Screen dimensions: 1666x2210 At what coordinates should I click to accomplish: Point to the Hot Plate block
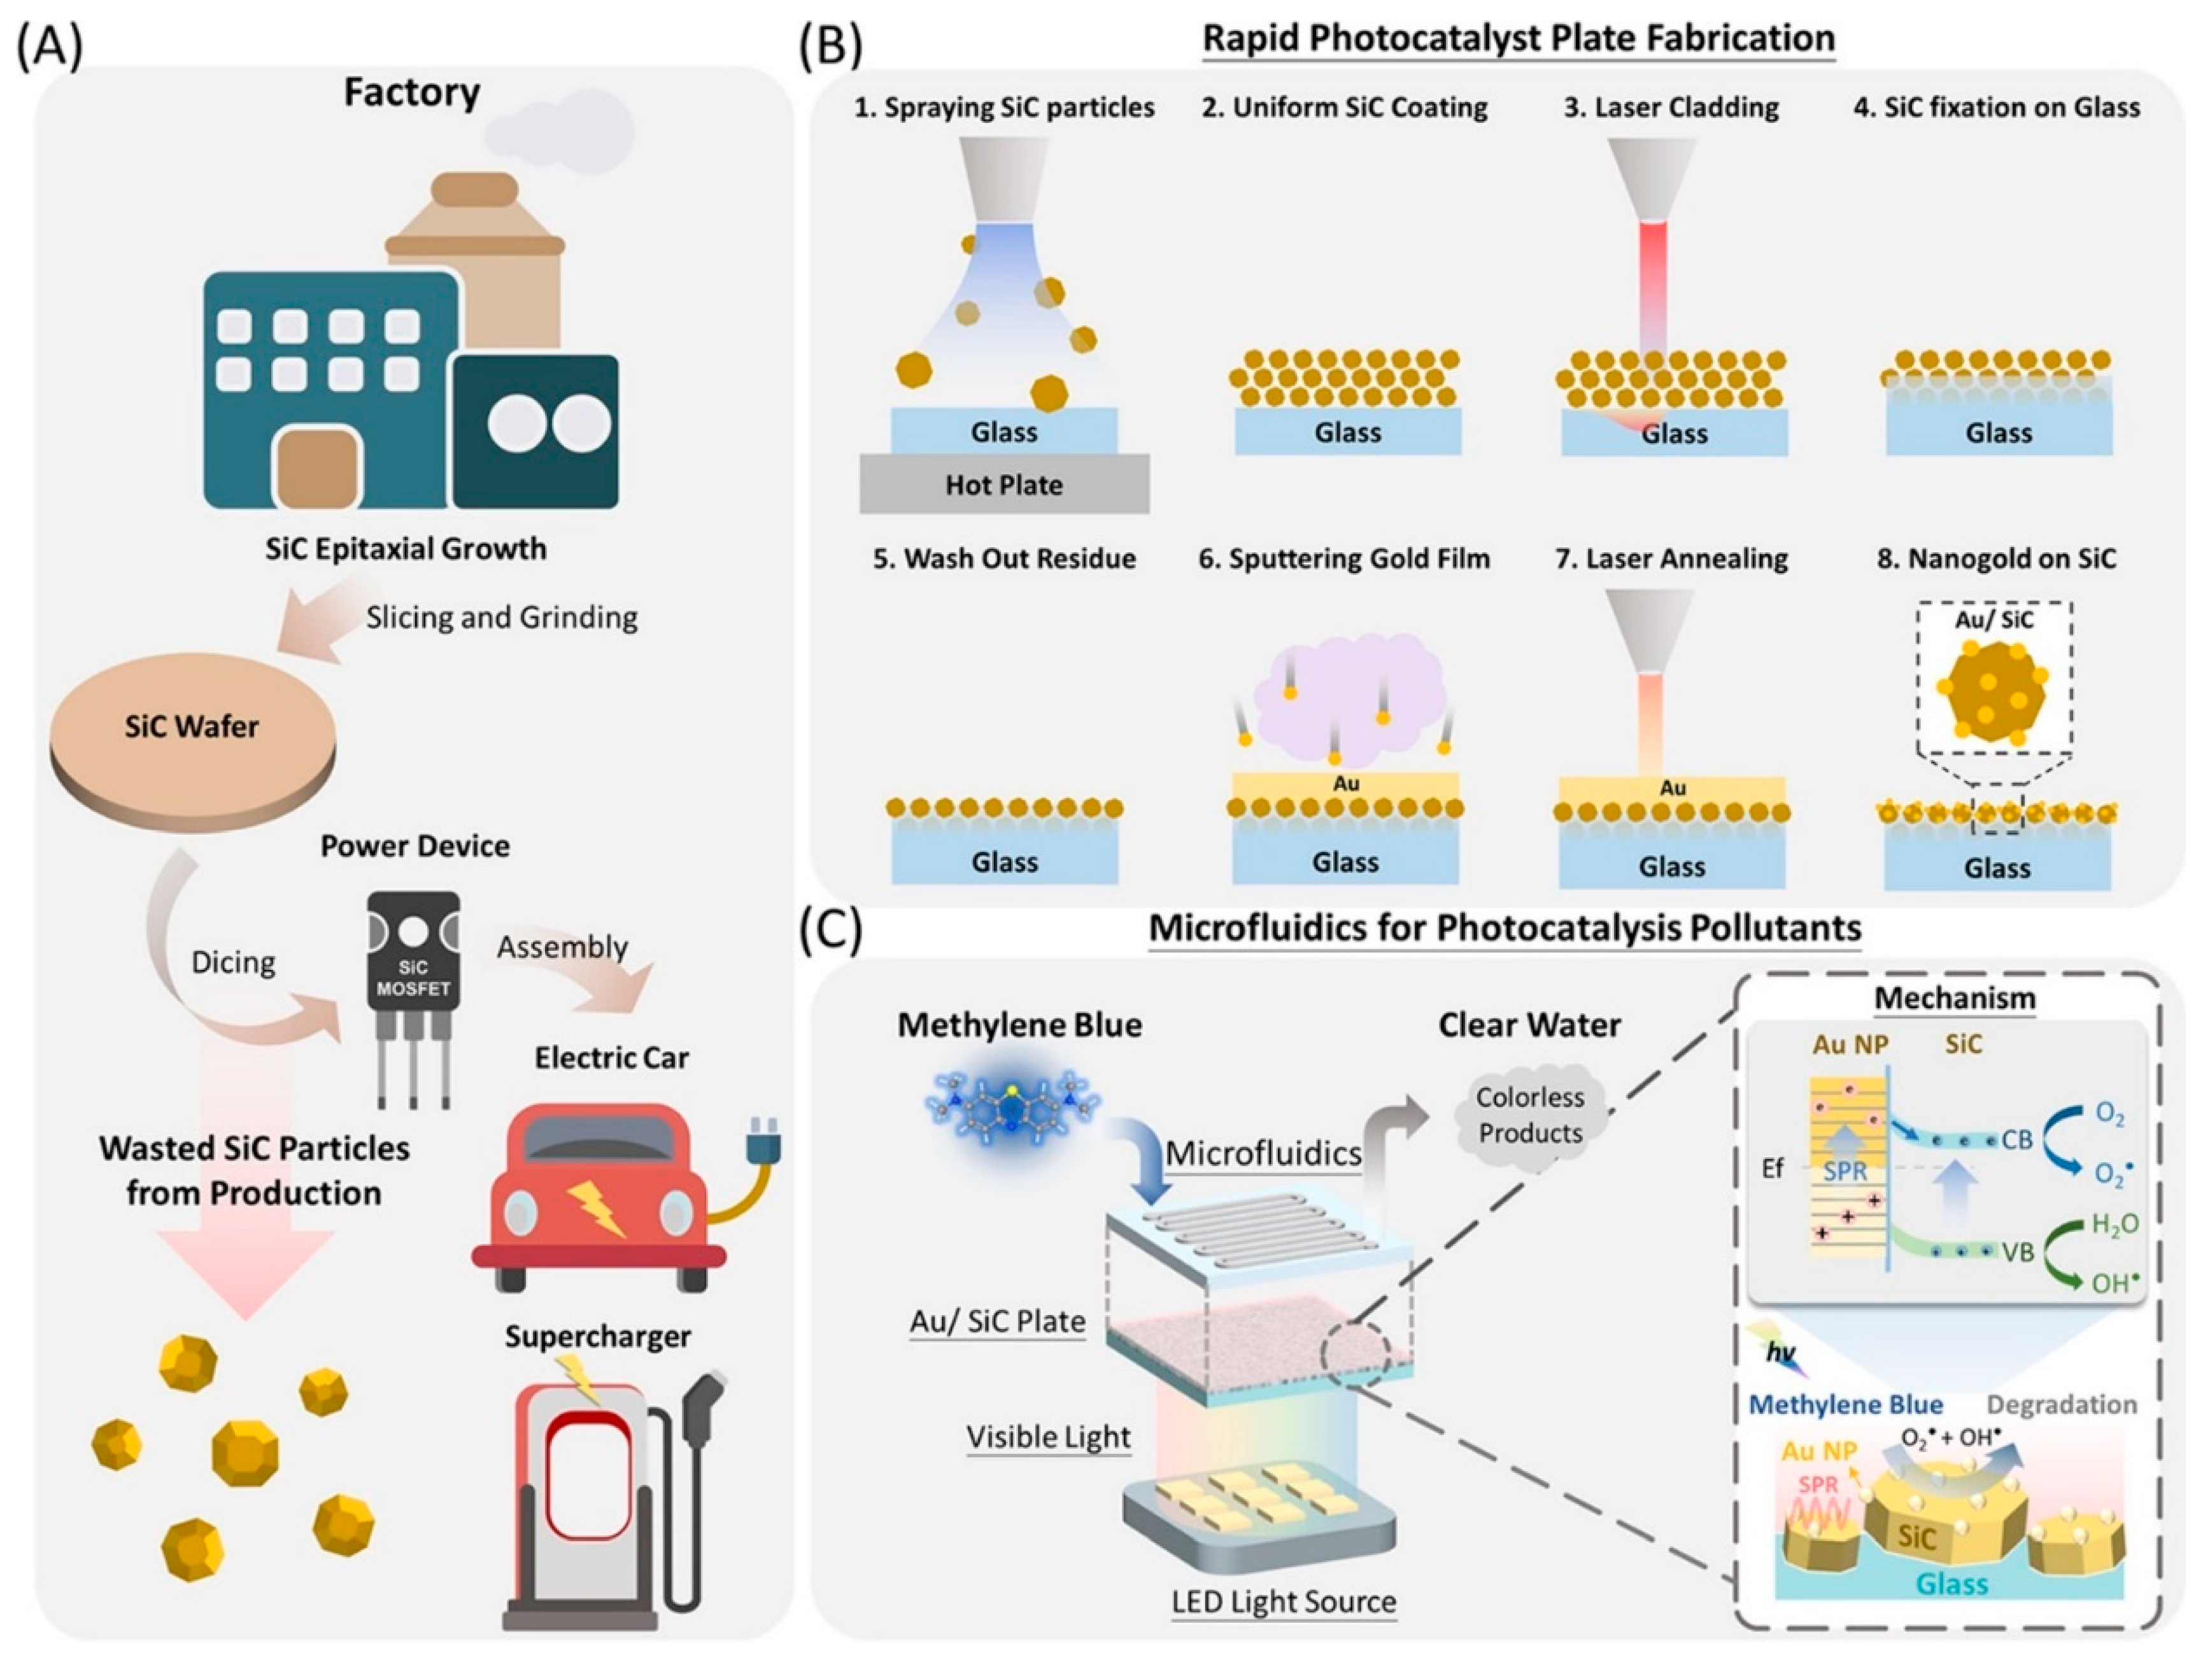pyautogui.click(x=1004, y=485)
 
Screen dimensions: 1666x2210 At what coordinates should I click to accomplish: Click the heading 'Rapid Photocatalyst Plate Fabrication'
pyautogui.click(x=1518, y=38)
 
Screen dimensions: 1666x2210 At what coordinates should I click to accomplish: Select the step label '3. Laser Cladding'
pyautogui.click(x=1671, y=108)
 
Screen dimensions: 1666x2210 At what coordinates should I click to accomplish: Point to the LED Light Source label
pyautogui.click(x=1284, y=1602)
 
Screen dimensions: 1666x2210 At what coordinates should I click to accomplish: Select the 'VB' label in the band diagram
pyautogui.click(x=2018, y=1252)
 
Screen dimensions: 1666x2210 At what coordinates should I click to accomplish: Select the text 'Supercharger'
pyautogui.click(x=597, y=1337)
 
